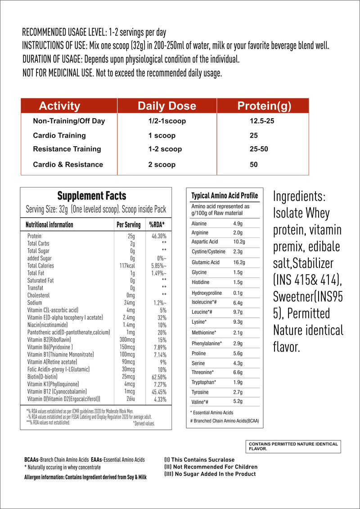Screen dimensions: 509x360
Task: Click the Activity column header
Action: [59, 106]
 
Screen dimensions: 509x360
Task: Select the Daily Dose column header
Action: [166, 106]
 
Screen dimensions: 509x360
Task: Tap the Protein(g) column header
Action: [264, 106]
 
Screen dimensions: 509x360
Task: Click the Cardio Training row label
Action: [59, 135]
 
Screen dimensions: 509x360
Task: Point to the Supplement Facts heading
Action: [92, 196]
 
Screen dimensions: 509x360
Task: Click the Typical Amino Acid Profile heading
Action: [225, 196]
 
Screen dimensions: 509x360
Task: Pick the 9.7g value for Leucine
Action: [238, 312]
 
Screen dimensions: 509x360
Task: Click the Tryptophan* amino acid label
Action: [204, 382]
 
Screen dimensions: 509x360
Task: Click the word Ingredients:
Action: [299, 196]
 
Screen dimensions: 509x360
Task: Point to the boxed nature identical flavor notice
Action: [293, 446]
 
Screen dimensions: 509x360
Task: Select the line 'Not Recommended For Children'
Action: [211, 467]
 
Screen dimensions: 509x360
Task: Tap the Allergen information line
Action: [85, 477]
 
